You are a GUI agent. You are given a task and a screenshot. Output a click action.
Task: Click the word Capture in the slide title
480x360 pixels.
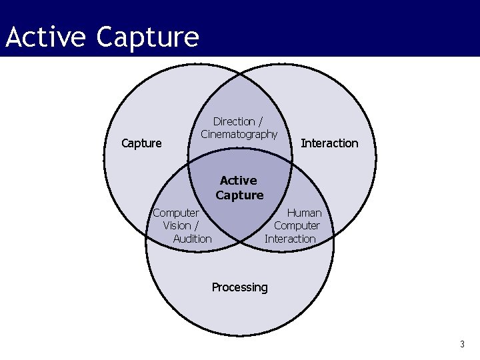coord(147,37)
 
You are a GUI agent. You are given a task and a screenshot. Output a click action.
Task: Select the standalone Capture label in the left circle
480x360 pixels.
coord(141,143)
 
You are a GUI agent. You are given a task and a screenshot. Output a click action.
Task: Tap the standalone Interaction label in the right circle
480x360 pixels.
coord(329,143)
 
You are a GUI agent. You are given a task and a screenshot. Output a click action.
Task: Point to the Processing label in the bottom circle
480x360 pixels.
coord(239,287)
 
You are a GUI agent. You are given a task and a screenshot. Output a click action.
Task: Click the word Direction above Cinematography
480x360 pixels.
coord(233,121)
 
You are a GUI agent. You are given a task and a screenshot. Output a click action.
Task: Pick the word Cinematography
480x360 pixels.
coord(239,134)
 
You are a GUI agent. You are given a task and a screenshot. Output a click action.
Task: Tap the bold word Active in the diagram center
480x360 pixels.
coord(238,180)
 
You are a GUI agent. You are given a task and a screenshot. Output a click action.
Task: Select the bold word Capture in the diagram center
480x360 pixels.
coord(239,195)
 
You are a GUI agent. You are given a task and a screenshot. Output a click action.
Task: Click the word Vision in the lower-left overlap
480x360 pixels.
coord(177,225)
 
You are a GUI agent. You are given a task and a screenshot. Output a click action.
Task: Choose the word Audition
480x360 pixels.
coord(192,239)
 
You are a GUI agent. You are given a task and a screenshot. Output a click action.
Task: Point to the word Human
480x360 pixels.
coord(304,213)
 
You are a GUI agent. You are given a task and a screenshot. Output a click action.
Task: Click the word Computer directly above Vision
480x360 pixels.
coord(176,213)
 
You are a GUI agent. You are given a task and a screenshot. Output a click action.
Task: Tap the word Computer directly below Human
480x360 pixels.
coord(297,225)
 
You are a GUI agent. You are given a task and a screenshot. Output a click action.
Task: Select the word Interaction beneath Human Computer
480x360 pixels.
coord(290,239)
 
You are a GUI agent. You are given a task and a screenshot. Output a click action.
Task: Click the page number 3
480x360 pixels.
coord(461,344)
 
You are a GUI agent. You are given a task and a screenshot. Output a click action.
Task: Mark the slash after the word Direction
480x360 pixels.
coord(260,121)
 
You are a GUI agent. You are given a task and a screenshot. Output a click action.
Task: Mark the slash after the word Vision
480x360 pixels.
coord(196,225)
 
